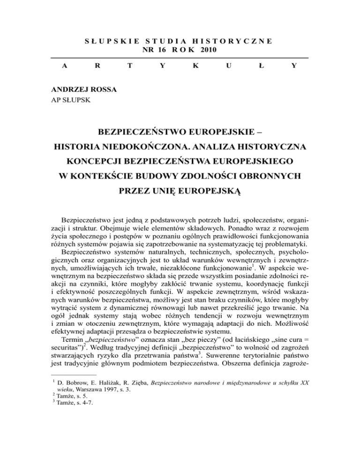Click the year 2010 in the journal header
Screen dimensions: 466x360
pos(209,50)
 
